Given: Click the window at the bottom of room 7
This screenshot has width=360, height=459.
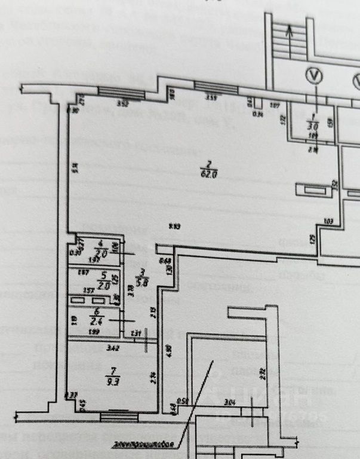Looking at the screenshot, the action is point(121,415).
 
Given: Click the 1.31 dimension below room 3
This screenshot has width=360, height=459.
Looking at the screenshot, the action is point(135,333).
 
